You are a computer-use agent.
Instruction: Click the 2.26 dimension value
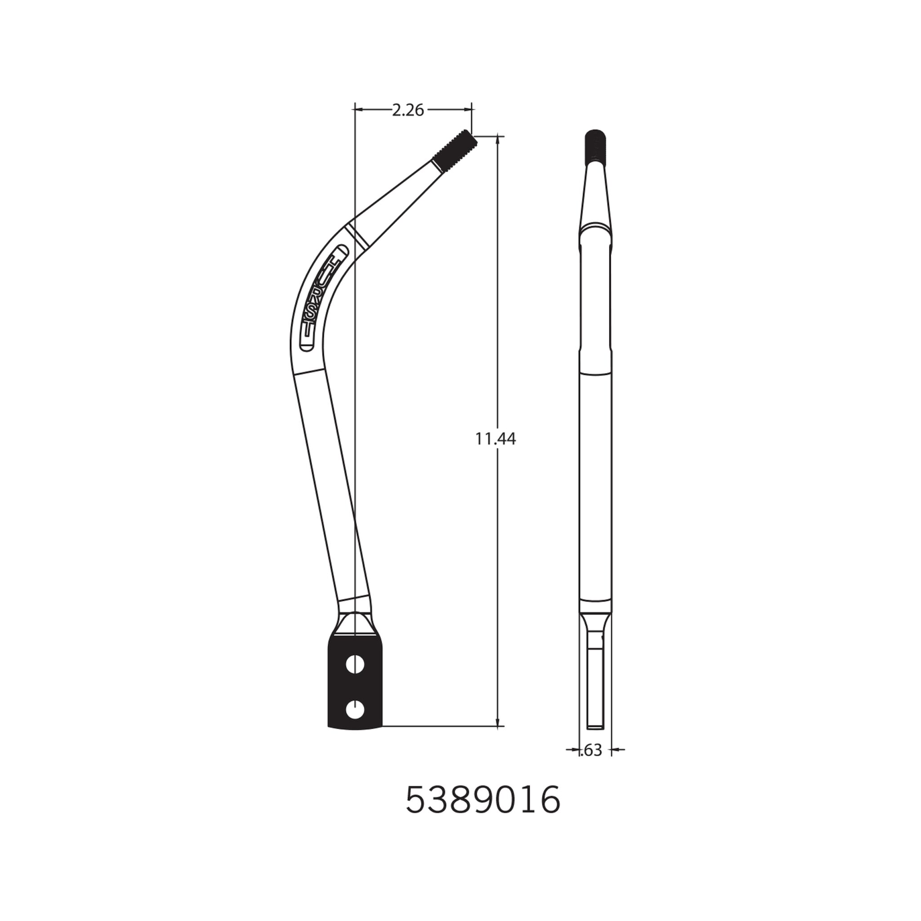pos(408,110)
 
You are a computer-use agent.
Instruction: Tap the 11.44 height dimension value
pos(495,438)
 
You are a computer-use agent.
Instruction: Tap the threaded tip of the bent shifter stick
pos(454,150)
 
